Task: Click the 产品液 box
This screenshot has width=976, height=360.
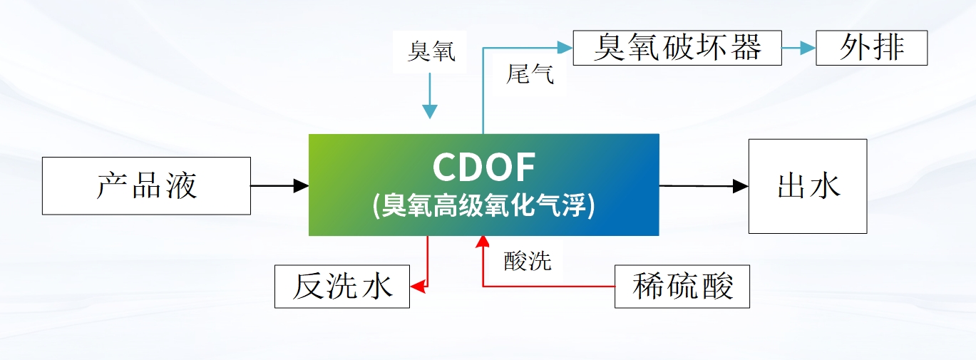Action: pyautogui.click(x=146, y=186)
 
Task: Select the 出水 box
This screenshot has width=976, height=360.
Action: pyautogui.click(x=807, y=186)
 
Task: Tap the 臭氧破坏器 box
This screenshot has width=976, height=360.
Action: pyautogui.click(x=677, y=48)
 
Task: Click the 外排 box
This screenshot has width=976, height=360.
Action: pyautogui.click(x=871, y=48)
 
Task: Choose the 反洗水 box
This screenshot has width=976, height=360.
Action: pyautogui.click(x=342, y=287)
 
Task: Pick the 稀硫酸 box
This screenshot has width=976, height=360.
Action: pyautogui.click(x=682, y=287)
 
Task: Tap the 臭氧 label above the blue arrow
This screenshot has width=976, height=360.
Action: pyautogui.click(x=431, y=51)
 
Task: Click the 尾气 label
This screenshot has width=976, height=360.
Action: pyautogui.click(x=529, y=73)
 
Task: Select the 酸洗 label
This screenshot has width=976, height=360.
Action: pyautogui.click(x=528, y=261)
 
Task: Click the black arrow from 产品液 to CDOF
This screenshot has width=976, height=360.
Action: pyautogui.click(x=279, y=186)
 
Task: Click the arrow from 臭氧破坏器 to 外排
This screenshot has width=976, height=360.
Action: pyautogui.click(x=798, y=48)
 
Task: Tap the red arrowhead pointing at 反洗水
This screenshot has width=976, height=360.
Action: pyautogui.click(x=418, y=287)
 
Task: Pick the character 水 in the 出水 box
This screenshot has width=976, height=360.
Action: pyautogui.click(x=826, y=186)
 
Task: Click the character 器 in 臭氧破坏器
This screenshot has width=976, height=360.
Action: pyautogui.click(x=746, y=48)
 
